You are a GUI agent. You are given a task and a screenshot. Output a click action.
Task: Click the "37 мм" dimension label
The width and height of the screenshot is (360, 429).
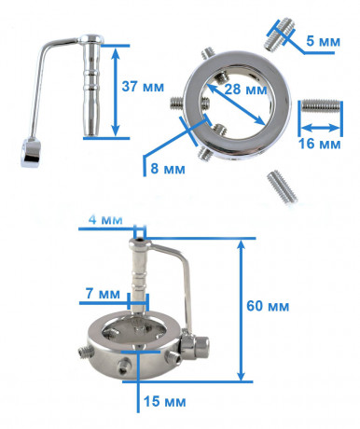(143, 87)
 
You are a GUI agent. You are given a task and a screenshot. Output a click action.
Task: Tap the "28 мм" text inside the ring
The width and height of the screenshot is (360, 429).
(245, 90)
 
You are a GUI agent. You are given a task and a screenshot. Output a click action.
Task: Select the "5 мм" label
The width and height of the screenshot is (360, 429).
(324, 41)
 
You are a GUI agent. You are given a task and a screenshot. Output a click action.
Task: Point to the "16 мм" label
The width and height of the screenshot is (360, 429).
(320, 144)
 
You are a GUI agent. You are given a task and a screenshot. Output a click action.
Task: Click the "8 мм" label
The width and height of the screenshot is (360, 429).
(168, 169)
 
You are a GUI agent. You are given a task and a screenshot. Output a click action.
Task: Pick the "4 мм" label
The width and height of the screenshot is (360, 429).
(105, 219)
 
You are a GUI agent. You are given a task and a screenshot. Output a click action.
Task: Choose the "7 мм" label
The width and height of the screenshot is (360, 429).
(103, 294)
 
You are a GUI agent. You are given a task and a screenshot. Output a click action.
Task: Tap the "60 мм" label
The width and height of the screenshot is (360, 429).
(268, 306)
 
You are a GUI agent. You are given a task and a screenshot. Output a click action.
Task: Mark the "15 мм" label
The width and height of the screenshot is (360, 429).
(165, 402)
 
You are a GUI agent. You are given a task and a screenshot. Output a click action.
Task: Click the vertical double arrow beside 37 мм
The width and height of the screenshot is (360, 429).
(116, 92)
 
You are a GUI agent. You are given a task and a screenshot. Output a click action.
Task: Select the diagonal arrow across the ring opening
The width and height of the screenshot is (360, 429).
(236, 104)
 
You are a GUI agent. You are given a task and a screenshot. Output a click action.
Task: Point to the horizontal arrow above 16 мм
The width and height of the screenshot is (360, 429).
(320, 128)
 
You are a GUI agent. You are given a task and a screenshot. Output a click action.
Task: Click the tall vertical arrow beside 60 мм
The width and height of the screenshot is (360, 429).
(242, 310)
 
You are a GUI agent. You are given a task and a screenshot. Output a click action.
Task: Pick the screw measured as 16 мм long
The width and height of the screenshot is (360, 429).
(321, 105)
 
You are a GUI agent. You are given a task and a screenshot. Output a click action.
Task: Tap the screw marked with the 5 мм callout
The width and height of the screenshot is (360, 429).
(279, 34)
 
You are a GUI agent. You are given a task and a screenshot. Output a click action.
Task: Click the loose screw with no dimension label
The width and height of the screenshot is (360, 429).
(283, 187)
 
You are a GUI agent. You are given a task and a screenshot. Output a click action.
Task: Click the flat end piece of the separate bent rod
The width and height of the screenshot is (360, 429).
(31, 153)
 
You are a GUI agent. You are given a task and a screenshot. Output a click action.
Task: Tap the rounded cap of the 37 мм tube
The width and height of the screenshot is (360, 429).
(90, 38)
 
